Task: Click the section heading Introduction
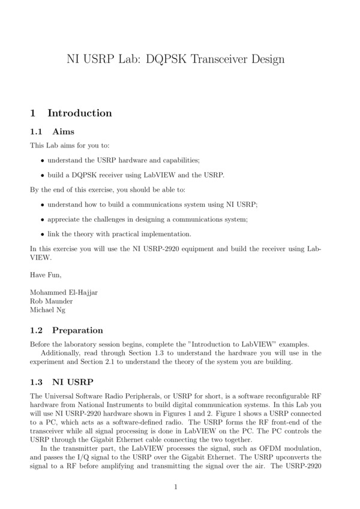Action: [x=79, y=113]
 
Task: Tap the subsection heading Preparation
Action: [x=77, y=330]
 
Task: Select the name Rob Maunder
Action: [x=52, y=301]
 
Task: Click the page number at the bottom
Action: [x=176, y=487]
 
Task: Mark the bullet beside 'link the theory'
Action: [x=42, y=233]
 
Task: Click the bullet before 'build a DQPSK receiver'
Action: [x=42, y=175]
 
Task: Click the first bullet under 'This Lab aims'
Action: [x=42, y=161]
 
